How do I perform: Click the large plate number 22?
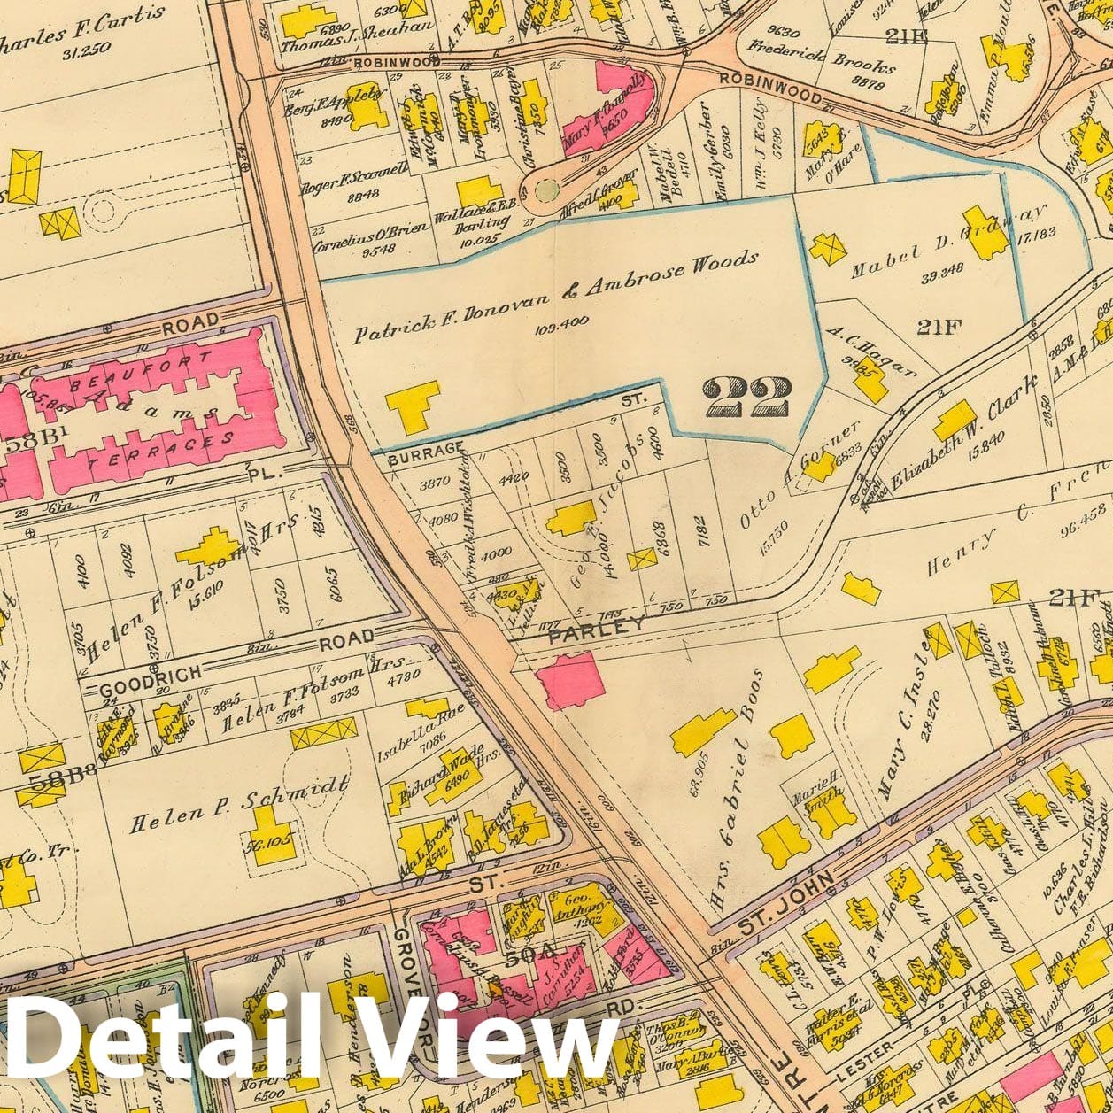pos(745,395)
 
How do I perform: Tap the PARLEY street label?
pos(597,625)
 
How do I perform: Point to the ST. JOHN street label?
pos(785,895)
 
